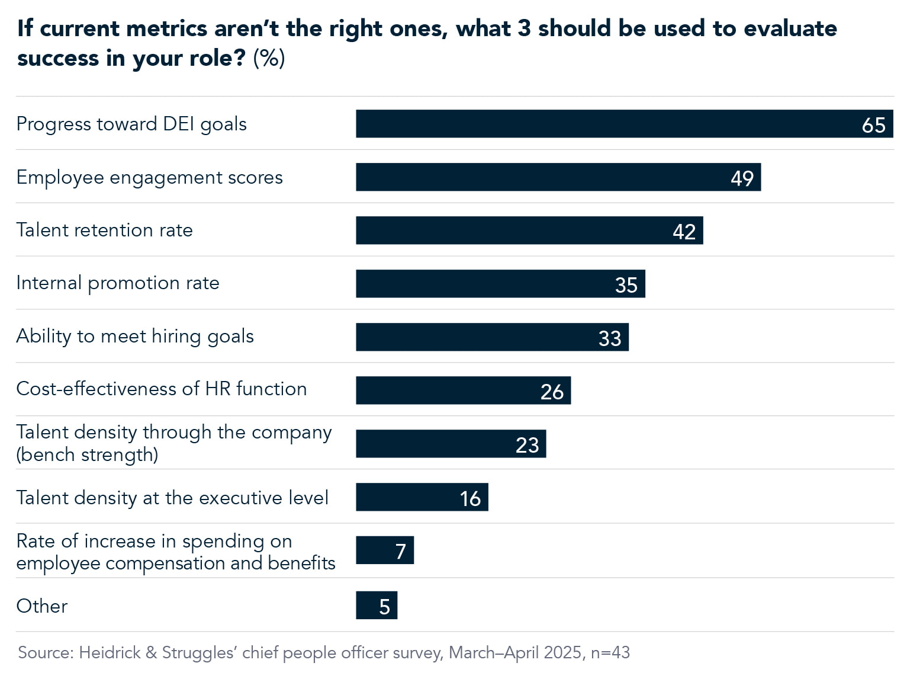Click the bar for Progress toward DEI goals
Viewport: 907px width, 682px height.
pos(624,124)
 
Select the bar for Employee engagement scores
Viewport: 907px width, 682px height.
pos(558,177)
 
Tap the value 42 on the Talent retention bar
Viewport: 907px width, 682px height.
pos(684,231)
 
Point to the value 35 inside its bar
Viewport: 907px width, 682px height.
pos(626,285)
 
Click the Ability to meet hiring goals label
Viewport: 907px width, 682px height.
pos(135,336)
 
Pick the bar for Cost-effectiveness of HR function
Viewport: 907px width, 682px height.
pos(463,390)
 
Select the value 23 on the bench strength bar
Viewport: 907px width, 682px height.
pos(527,445)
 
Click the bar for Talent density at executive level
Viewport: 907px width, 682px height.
pos(422,497)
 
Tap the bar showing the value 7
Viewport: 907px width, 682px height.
pos(384,550)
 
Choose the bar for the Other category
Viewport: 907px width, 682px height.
pos(376,605)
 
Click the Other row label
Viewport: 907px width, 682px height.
pos(42,606)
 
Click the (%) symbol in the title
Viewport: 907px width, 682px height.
pos(269,58)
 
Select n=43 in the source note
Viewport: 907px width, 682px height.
pos(610,652)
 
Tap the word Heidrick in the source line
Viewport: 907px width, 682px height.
pos(110,652)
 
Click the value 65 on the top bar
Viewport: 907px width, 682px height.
pos(873,125)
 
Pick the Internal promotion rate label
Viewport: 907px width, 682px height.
pos(118,283)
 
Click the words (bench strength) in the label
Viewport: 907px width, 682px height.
pos(87,455)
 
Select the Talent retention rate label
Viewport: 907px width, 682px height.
pos(105,230)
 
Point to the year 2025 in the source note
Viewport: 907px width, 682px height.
pos(562,652)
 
